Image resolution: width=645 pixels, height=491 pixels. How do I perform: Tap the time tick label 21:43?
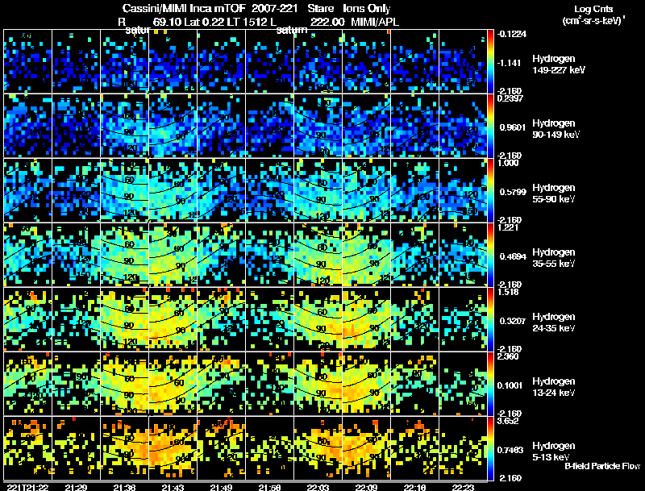coord(173,486)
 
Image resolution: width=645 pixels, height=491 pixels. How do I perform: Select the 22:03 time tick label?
coord(318,486)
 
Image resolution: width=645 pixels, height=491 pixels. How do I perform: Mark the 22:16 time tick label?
coord(415,486)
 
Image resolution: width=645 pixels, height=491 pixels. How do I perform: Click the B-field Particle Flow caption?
coord(601,466)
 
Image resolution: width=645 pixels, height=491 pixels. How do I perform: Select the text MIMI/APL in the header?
coord(373,21)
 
